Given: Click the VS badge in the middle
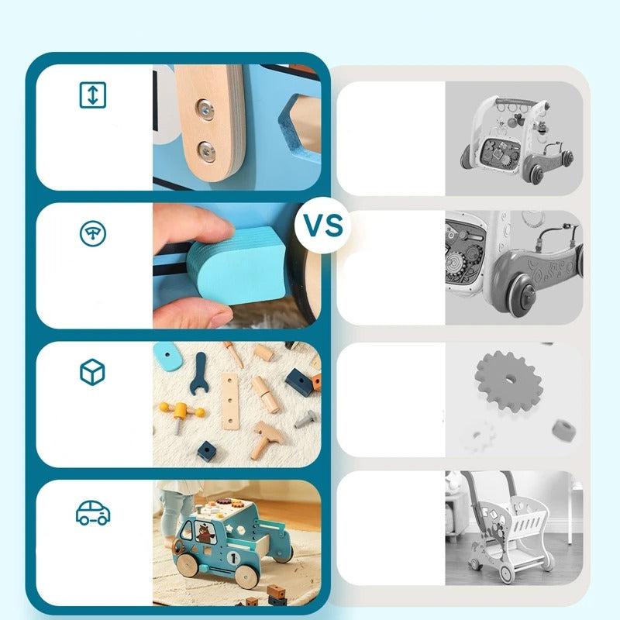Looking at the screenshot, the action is (323, 225).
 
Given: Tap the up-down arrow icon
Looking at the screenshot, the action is (92, 95).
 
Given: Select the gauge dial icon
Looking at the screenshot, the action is (92, 234).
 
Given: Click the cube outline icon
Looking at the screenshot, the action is (92, 372).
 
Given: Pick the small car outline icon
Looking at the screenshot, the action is (93, 513).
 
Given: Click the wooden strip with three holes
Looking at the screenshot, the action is (230, 401).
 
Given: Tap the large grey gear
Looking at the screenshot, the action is (508, 381).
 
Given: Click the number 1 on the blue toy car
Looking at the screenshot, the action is (233, 558).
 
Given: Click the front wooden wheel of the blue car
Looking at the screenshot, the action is (188, 564).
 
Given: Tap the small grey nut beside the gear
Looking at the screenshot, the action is (563, 430).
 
